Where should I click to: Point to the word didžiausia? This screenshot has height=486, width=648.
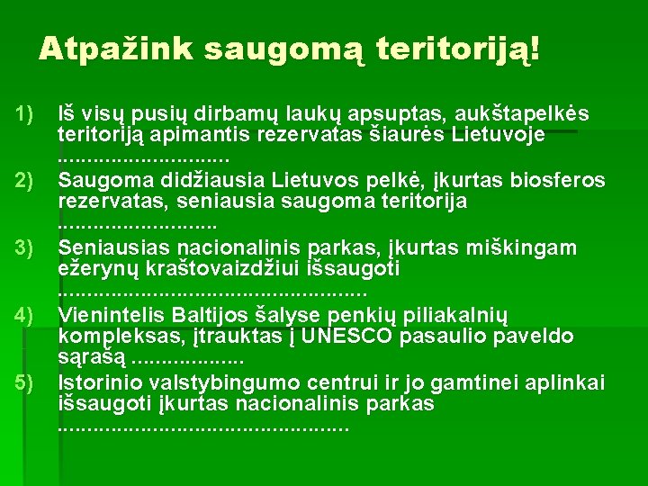coord(210,181)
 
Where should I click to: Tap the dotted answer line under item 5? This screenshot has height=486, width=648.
coord(202,426)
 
